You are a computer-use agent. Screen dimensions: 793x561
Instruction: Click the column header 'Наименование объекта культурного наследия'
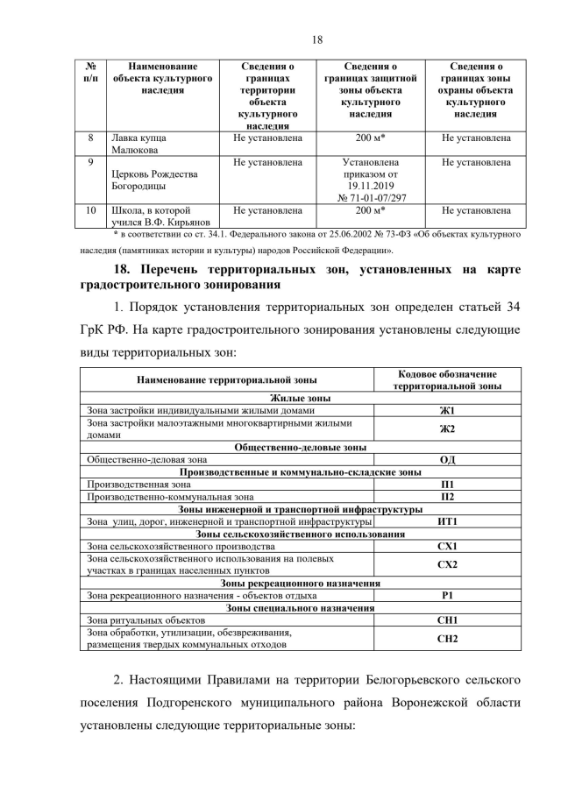tap(162, 78)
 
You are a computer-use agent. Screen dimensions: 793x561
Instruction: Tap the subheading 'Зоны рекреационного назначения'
tap(301, 583)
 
